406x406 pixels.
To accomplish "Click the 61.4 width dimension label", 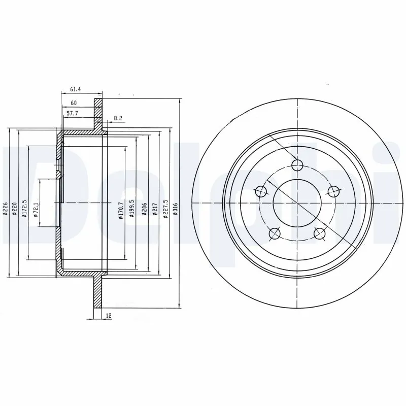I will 75,89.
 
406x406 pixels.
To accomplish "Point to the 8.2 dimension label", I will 118,118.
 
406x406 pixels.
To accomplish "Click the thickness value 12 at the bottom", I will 109,316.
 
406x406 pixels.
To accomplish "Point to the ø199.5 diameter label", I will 131,208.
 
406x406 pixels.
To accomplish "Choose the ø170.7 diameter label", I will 120,209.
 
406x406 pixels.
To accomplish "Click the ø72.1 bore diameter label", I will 36,209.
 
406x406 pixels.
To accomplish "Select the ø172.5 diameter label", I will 24,209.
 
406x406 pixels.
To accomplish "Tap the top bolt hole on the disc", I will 297,165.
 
